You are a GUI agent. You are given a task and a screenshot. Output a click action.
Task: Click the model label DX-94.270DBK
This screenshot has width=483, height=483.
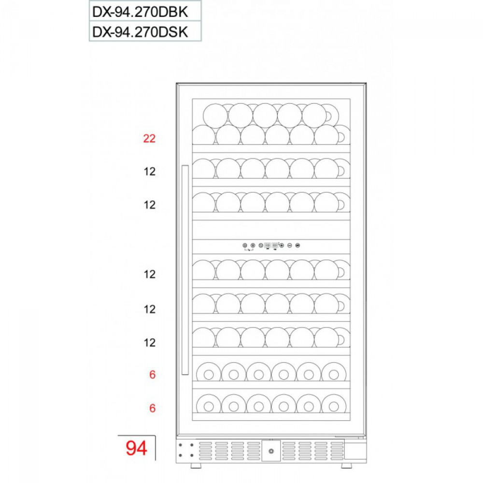pyautogui.click(x=140, y=12)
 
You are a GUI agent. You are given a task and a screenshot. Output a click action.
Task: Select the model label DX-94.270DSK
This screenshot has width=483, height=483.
pyautogui.click(x=140, y=32)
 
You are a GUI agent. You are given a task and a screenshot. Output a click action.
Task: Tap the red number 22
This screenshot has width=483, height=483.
pyautogui.click(x=149, y=139)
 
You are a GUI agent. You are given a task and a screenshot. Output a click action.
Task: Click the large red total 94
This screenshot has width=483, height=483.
pyautogui.click(x=137, y=448)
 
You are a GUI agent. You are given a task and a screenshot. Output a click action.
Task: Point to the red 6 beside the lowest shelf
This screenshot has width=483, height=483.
pyautogui.click(x=153, y=408)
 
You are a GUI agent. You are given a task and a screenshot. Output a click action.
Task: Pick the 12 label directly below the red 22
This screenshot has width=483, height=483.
pyautogui.click(x=150, y=171)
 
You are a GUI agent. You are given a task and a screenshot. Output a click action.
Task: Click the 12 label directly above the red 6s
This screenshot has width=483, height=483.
pyautogui.click(x=150, y=342)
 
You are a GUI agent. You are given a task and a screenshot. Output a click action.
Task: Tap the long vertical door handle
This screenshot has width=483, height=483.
pyautogui.click(x=185, y=270)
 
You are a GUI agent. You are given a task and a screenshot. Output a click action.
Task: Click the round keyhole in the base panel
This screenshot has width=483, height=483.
pyautogui.click(x=271, y=451)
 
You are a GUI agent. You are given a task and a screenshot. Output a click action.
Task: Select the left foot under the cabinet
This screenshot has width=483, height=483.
pyautogui.click(x=196, y=466)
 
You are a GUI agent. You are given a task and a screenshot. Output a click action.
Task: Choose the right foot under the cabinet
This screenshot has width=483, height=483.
pyautogui.click(x=346, y=466)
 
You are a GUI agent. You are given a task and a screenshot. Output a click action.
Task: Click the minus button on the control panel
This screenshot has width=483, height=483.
pyautogui.click(x=289, y=245)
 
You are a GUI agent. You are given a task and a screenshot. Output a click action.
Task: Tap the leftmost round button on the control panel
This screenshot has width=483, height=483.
pyautogui.click(x=245, y=245)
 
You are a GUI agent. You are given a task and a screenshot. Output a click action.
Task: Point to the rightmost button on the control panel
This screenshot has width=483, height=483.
pyautogui.click(x=298, y=245)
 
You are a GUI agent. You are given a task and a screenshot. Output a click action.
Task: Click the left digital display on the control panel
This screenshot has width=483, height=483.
pyautogui.click(x=268, y=245)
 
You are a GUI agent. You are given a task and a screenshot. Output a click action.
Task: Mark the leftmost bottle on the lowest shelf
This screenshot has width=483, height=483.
pyautogui.click(x=209, y=406)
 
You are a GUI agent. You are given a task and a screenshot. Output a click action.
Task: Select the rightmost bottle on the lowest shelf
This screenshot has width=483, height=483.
pyautogui.click(x=334, y=406)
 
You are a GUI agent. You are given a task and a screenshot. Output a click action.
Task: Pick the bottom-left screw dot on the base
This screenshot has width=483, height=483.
pyautogui.click(x=180, y=455)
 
